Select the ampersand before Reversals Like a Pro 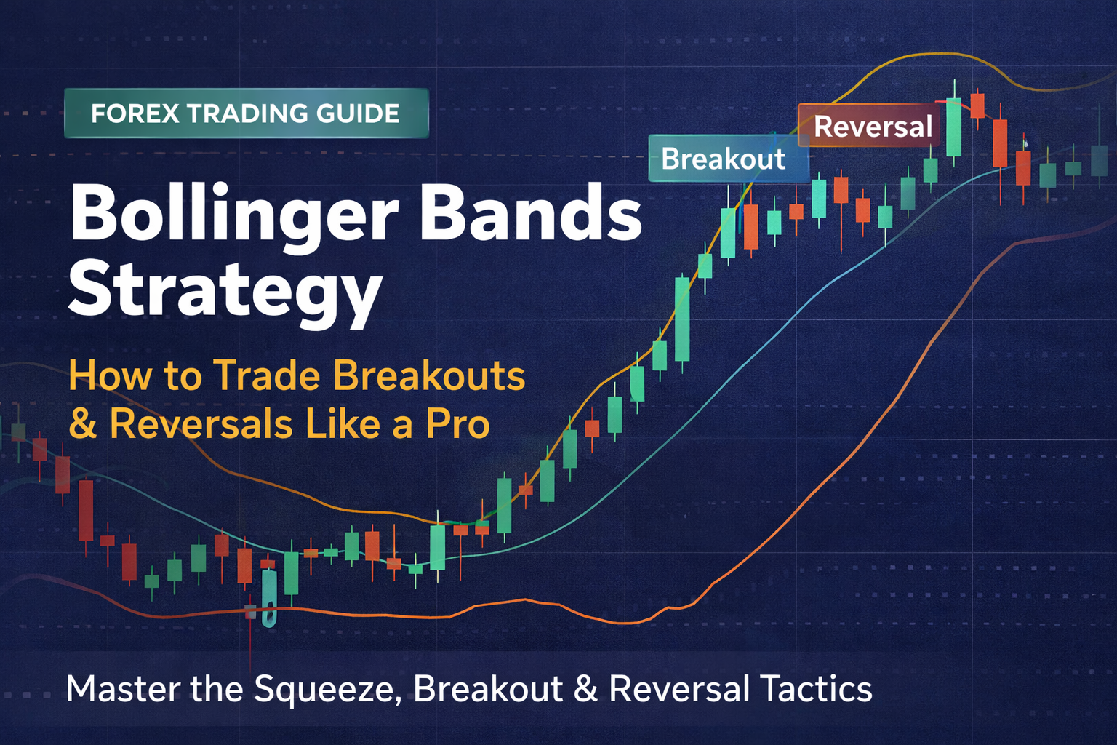click(83, 424)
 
